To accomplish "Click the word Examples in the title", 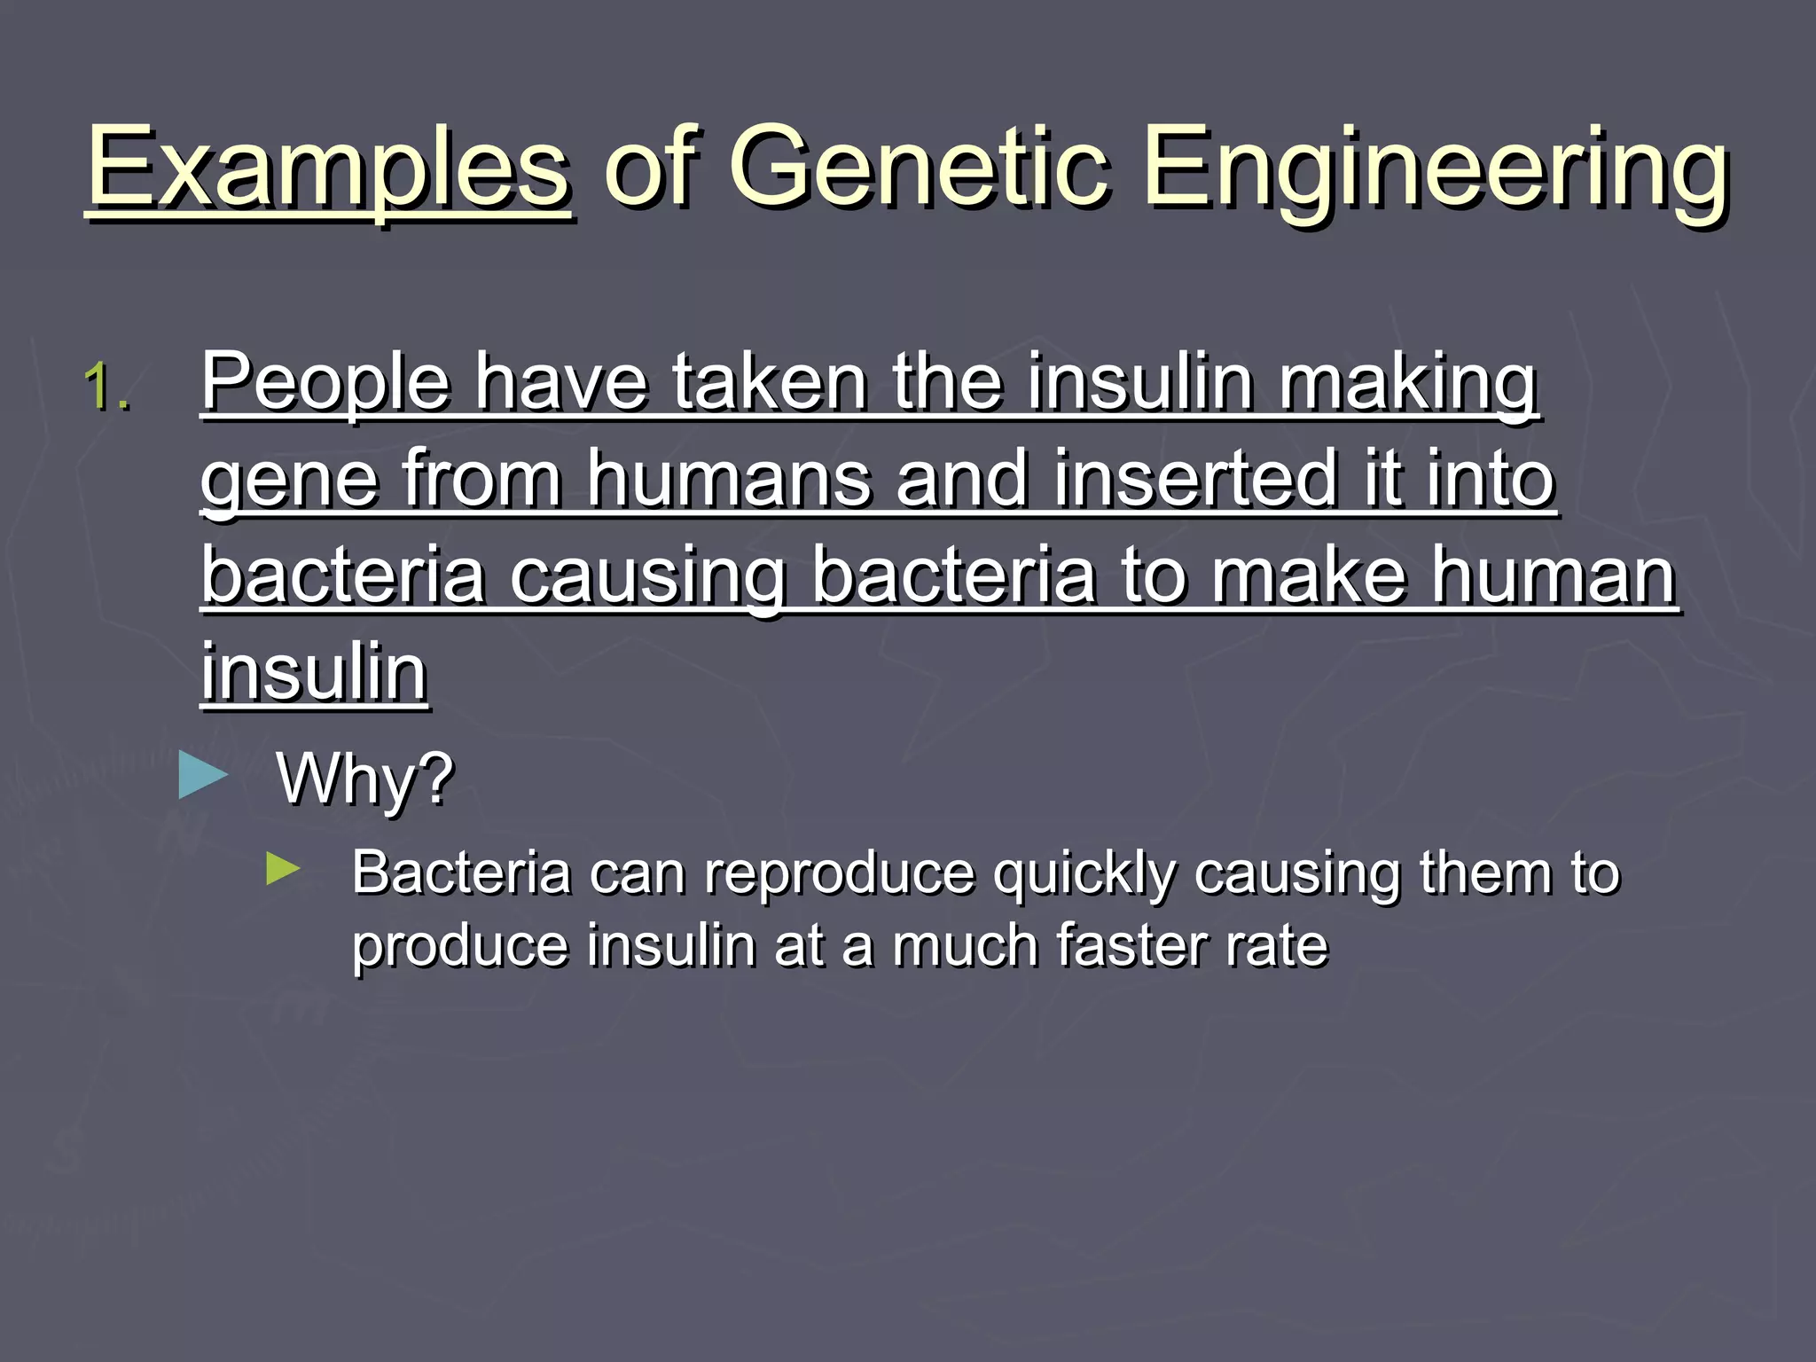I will [328, 168].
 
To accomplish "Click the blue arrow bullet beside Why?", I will [203, 775].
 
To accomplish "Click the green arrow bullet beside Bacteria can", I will [283, 870].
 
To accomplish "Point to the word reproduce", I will [838, 874].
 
